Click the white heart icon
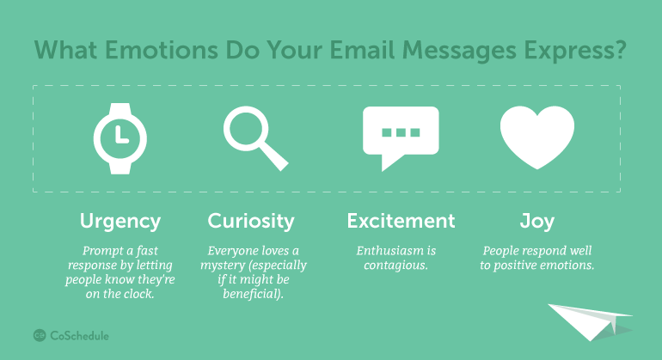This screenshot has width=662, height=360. [x=537, y=137]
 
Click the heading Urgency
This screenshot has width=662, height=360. [x=120, y=222]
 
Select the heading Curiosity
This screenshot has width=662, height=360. [x=251, y=222]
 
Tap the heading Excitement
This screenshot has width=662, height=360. [x=401, y=221]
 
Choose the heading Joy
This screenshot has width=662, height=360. [x=537, y=222]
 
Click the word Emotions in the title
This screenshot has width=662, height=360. [x=162, y=50]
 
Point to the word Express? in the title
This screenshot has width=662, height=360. [x=575, y=51]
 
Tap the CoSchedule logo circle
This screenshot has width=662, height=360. [x=40, y=336]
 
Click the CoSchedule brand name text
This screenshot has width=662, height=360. [x=79, y=336]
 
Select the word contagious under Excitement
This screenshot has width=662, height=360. [x=395, y=265]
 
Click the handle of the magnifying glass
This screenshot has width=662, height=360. [x=274, y=156]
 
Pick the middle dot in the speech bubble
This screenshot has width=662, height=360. [x=401, y=132]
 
